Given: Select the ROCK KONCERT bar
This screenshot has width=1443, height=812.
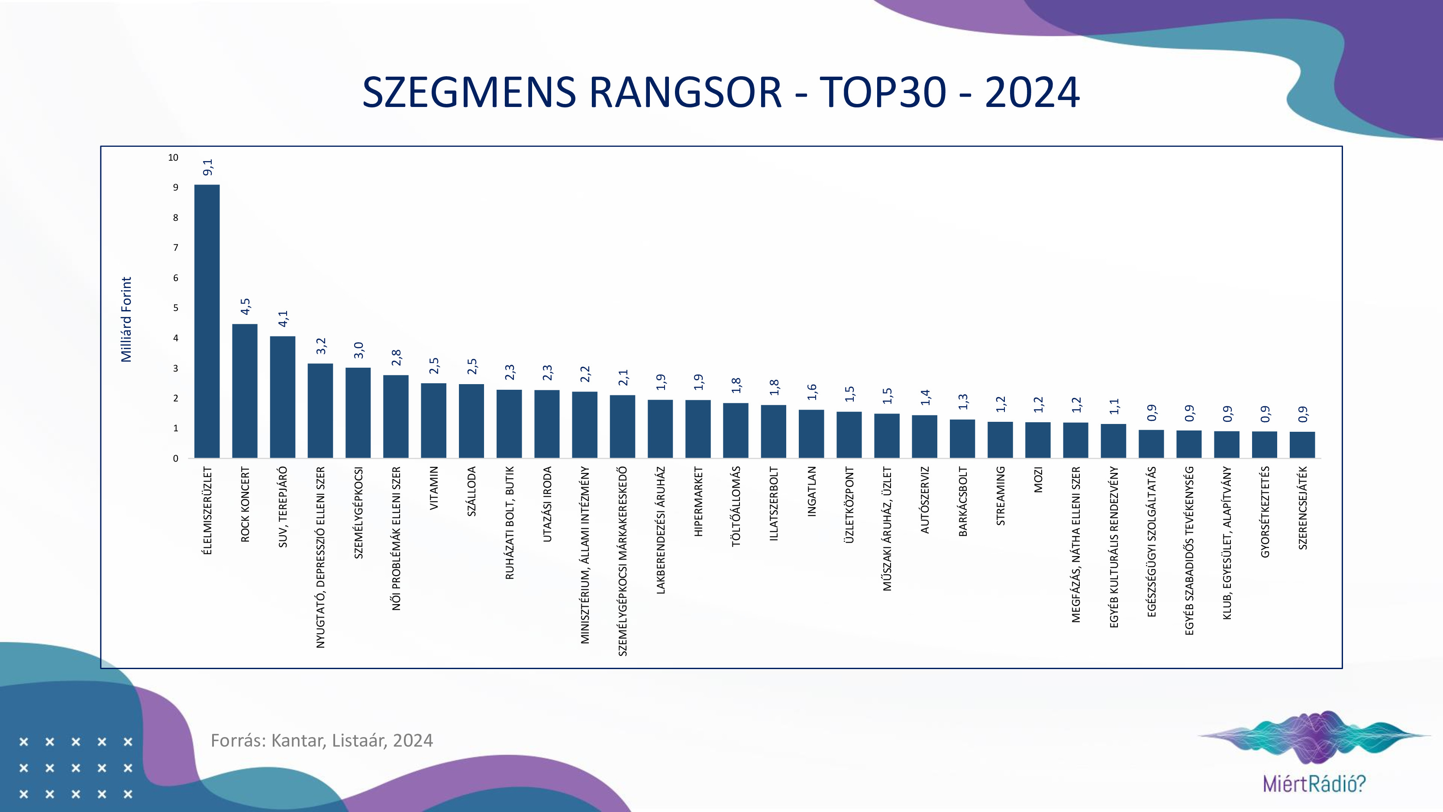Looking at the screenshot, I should (245, 391).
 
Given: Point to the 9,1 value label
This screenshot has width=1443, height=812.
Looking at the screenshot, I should (208, 167).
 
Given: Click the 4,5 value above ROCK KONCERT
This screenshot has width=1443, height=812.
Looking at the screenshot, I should (245, 307).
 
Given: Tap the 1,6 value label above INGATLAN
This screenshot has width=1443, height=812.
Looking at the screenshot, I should (812, 392).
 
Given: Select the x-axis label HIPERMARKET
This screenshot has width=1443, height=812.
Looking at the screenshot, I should (698, 501).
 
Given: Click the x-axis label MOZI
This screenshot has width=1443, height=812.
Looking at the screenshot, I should (1038, 480).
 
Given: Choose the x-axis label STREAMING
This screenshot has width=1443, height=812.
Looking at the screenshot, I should (1001, 496).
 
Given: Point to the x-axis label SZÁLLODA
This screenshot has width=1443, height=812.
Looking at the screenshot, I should (471, 492).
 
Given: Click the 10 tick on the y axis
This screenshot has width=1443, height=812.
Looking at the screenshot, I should (173, 158).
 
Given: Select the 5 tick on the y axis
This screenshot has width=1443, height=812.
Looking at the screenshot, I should (175, 307).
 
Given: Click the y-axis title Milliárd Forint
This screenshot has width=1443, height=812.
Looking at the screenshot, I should (126, 320).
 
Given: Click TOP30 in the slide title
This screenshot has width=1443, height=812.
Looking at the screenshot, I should (883, 93).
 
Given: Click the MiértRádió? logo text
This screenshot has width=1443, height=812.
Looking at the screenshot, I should (1314, 783).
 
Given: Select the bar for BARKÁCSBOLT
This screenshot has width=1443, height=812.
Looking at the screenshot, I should (962, 439).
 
